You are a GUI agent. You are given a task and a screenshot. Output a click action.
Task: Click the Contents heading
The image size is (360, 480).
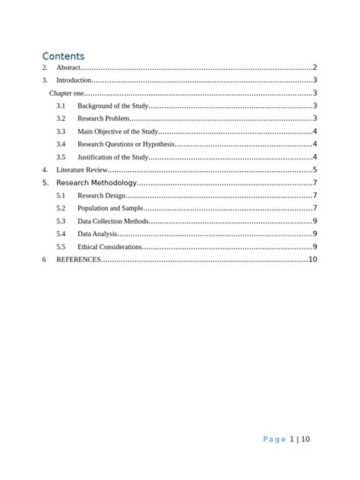63,55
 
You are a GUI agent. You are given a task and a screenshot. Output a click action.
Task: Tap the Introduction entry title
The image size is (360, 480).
74,80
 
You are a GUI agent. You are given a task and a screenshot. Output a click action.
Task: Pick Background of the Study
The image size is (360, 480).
113,106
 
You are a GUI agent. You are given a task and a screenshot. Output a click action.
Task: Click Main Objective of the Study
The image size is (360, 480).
118,131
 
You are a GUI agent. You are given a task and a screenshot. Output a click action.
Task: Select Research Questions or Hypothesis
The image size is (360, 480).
125,144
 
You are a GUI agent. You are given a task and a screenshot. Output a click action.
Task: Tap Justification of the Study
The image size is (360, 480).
112,157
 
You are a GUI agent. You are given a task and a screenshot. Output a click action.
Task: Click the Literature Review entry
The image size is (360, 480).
82,170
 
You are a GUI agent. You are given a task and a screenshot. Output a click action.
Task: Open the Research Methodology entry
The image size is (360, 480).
96,183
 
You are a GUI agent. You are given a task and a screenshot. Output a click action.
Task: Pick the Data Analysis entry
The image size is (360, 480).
97,234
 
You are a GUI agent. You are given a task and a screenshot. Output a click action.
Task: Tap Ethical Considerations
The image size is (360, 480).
109,247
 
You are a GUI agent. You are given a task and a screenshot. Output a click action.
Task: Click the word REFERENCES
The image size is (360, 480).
78,260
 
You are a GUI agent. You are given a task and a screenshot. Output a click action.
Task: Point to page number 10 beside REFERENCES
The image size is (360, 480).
312,260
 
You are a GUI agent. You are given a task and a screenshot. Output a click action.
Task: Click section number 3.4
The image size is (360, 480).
61,144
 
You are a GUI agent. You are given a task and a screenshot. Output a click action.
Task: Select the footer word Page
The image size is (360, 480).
273,439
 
